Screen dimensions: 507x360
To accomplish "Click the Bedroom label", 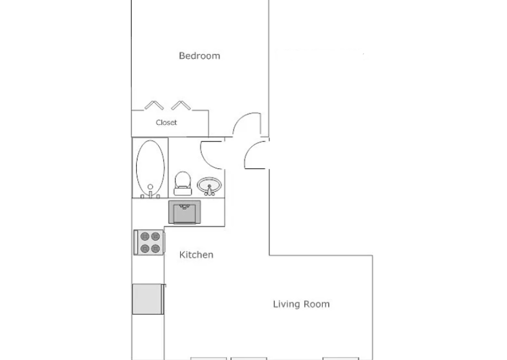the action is tap(200, 55).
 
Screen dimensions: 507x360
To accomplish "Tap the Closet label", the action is tap(166, 123).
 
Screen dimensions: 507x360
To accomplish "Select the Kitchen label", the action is tap(196, 255).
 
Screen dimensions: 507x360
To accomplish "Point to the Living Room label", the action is tap(301, 304).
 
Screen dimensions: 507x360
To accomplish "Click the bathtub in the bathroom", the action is tap(150, 168).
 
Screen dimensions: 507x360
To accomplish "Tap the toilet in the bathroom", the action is tap(183, 184).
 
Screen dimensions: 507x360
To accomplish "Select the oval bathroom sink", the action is tap(209, 185).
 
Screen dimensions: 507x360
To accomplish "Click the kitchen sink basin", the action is tap(185, 212).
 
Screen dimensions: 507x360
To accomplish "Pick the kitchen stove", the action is tap(149, 242).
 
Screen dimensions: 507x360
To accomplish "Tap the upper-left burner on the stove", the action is tap(145, 237).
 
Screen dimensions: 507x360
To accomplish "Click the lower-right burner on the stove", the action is tap(155, 249).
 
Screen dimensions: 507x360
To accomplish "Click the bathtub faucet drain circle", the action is tap(150, 187).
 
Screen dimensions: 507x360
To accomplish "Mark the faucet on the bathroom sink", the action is tap(209, 190).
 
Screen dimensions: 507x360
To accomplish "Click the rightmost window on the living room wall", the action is tap(341, 359).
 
